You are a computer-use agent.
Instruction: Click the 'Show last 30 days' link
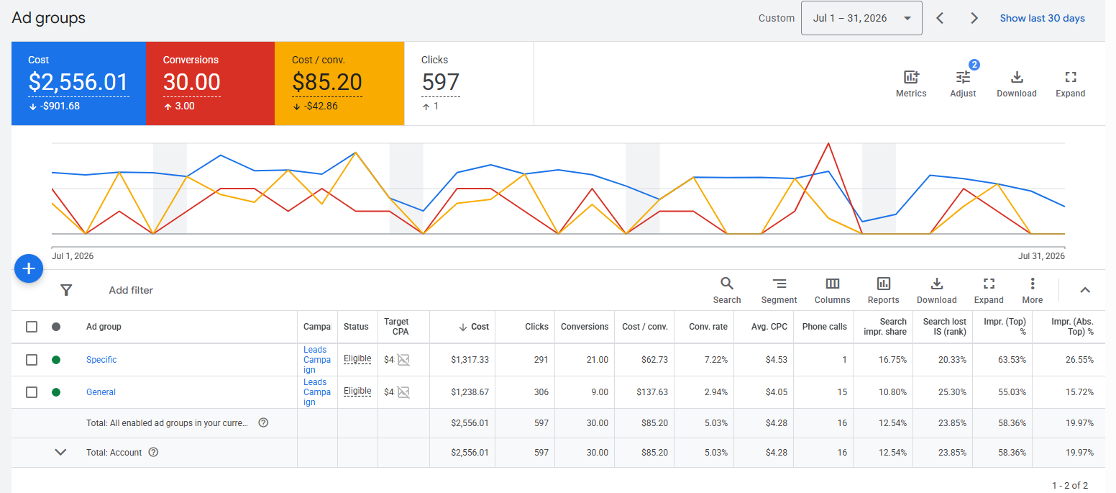pos(1042,19)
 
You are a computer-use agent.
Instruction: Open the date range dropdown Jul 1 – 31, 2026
pos(861,19)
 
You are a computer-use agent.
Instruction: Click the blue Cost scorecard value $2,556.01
pos(78,82)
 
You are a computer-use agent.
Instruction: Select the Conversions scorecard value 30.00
pos(192,82)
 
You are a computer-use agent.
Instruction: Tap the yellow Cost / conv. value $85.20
pos(327,82)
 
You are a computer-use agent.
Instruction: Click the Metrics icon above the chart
pos(911,77)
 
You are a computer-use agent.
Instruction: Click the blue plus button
pos(29,268)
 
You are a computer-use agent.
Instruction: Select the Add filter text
pos(131,290)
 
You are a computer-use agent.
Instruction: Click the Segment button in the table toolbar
pos(779,291)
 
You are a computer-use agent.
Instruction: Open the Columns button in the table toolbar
pos(833,291)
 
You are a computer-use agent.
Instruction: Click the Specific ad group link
pos(101,360)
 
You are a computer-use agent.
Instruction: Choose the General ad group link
pos(101,392)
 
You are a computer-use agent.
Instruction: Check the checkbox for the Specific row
pos(32,360)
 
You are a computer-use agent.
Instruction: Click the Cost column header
pos(475,327)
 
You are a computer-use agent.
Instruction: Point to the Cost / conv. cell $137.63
pos(651,392)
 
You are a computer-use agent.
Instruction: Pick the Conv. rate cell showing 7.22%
pos(716,360)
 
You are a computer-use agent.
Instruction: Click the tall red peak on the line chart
pos(828,143)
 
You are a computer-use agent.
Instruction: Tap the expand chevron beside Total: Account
pos(60,453)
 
